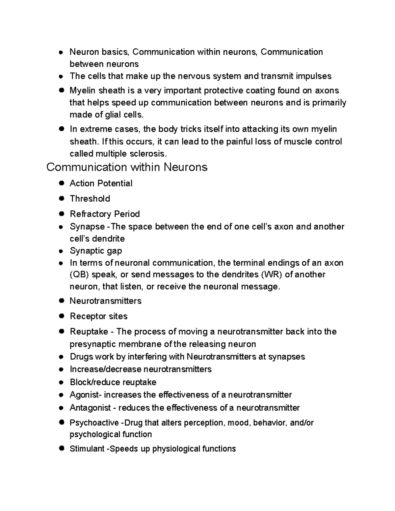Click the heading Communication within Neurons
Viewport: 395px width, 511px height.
[127, 167]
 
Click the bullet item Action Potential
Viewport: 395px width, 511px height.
[101, 183]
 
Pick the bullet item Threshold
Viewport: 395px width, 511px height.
[90, 199]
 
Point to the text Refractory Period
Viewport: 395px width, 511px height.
[105, 214]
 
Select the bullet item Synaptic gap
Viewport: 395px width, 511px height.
[96, 251]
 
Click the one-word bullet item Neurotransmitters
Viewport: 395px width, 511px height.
[106, 301]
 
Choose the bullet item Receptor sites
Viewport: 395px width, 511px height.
[98, 316]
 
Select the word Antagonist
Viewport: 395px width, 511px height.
[90, 408]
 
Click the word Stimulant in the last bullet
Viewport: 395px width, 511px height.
[87, 449]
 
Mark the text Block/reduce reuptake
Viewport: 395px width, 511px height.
[113, 382]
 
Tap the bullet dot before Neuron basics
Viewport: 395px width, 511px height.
[61, 52]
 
